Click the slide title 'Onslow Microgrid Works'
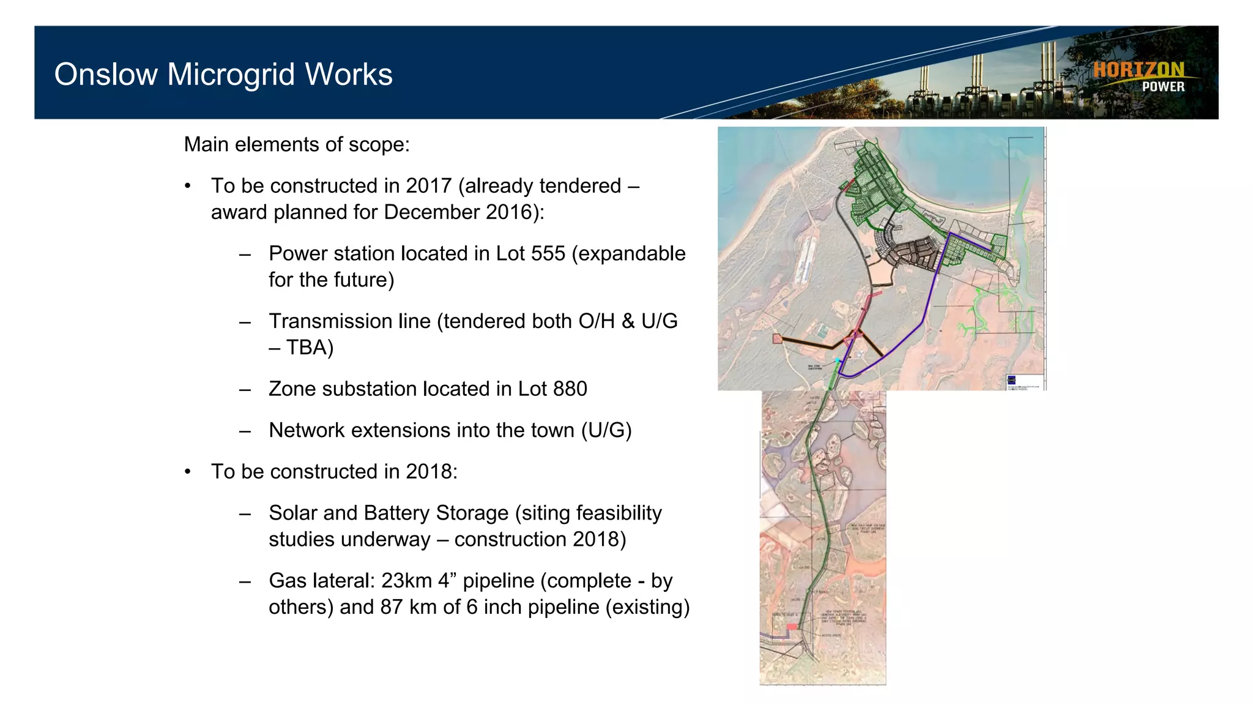pos(223,75)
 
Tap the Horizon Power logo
pos(1139,77)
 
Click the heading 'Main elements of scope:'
pos(297,144)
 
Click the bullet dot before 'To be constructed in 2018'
pos(188,472)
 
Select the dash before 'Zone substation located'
pos(245,389)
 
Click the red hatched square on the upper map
pos(778,338)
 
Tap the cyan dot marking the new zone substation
pos(838,362)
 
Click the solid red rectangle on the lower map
pos(792,627)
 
